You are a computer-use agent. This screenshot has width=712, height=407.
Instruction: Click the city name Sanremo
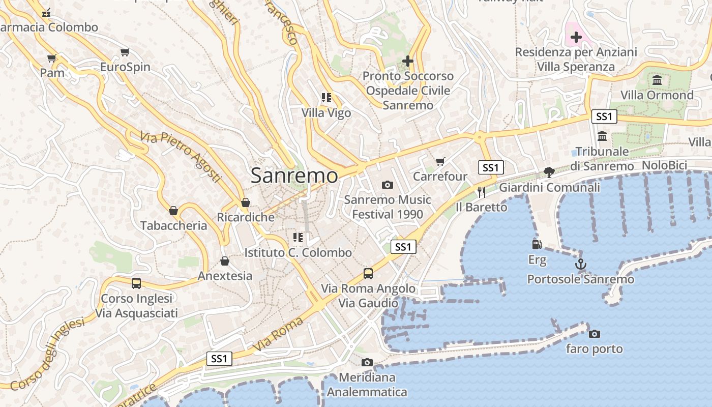point(294,176)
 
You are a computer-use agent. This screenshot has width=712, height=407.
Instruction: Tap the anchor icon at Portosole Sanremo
point(580,264)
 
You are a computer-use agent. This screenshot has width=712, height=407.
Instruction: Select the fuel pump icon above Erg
point(537,245)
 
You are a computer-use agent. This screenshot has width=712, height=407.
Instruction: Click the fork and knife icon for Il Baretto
point(481,192)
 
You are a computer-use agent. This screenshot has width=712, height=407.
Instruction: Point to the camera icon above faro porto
point(594,334)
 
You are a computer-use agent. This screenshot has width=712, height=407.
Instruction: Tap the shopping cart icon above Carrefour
point(440,161)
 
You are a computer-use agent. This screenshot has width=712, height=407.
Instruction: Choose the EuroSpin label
point(125,67)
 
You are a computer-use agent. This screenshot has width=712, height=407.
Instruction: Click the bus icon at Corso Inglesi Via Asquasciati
point(136,283)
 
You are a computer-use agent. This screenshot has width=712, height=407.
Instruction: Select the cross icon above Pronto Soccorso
point(407,61)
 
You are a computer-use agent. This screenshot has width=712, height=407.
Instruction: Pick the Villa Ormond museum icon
point(657,80)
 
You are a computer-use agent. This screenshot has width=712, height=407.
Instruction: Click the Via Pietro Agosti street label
point(181,157)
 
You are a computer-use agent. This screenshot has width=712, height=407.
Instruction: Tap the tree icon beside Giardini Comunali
point(549,172)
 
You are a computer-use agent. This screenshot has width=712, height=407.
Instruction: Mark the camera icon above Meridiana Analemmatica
point(367,362)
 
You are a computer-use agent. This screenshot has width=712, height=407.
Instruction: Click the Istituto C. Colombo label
point(298,253)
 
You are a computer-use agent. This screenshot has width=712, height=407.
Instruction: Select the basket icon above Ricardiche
point(246,202)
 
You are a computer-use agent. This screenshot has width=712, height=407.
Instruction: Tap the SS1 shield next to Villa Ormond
point(604,117)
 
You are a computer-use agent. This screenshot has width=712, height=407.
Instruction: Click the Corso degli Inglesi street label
point(47,354)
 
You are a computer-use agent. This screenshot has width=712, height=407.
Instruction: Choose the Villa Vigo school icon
point(326,98)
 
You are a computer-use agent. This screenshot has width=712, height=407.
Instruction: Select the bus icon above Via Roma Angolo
point(368,274)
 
